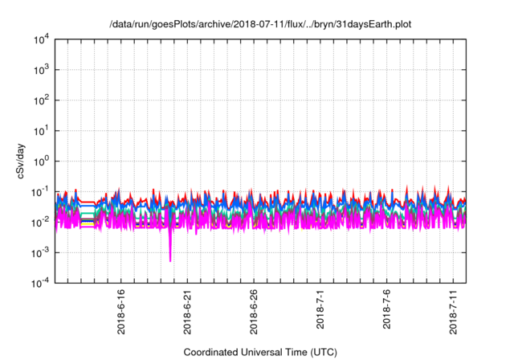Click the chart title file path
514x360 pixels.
[x=260, y=22]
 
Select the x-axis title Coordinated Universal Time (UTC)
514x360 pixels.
[x=260, y=352]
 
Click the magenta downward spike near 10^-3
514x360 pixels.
[x=170, y=253]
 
